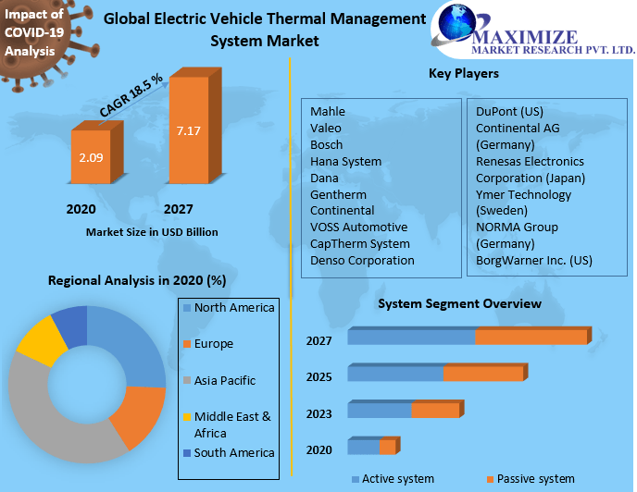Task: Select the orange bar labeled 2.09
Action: [91, 157]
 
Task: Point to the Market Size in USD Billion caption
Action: [152, 232]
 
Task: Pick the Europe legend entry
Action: [213, 344]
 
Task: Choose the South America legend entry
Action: [233, 452]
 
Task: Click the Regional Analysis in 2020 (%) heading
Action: [137, 280]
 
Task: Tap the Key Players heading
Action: [464, 73]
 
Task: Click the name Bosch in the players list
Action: [327, 144]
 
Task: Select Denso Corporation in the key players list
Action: [362, 260]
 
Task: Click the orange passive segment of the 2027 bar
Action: [531, 338]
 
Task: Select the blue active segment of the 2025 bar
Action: [395, 374]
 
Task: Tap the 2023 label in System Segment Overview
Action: [318, 412]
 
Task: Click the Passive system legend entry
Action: [535, 478]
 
